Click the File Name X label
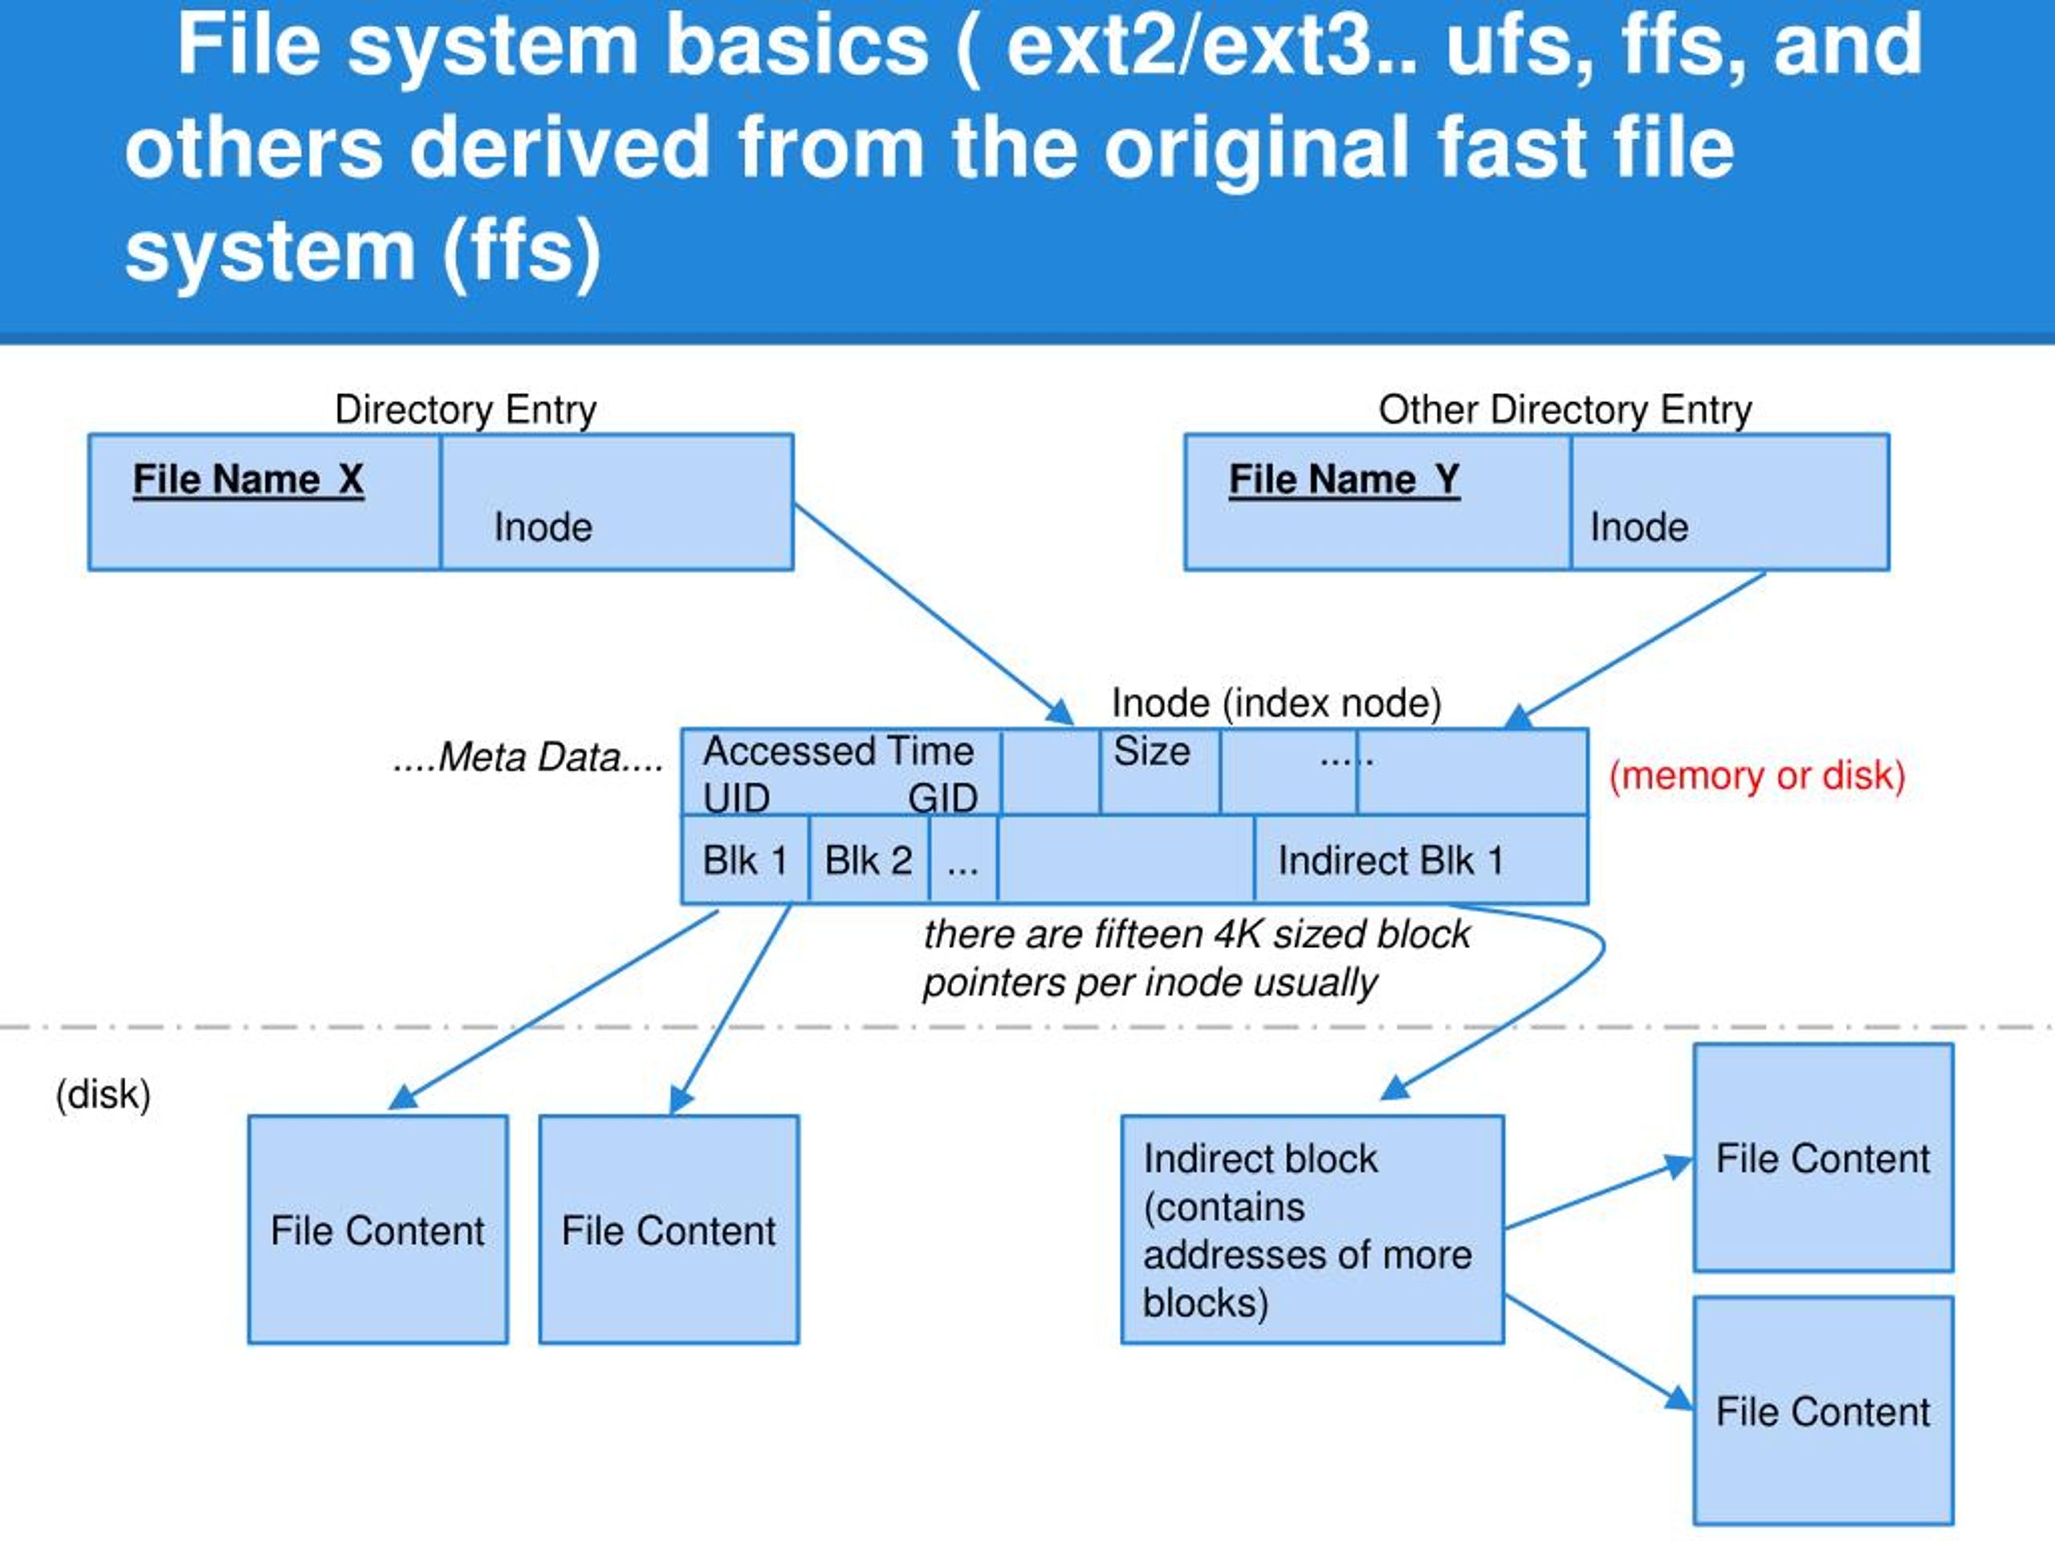point(248,479)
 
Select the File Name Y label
point(1345,479)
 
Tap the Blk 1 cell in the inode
point(745,860)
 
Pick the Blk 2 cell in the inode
point(869,860)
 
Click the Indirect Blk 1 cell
point(1421,860)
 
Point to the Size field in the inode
point(1159,772)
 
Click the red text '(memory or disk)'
point(1756,775)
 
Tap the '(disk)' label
point(103,1094)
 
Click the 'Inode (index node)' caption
point(1276,703)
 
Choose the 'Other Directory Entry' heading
point(1565,409)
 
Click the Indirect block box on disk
point(1312,1230)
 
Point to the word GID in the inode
point(943,799)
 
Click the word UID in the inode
point(737,799)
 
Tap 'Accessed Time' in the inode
point(838,750)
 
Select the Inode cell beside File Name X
point(616,502)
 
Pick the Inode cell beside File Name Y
point(1730,502)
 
